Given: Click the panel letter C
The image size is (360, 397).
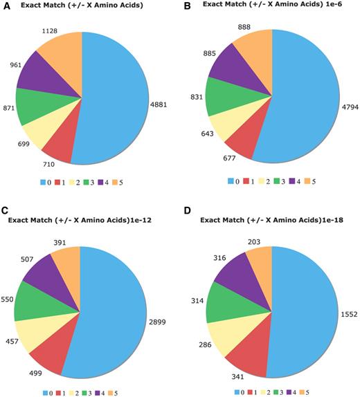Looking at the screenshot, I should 6,210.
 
